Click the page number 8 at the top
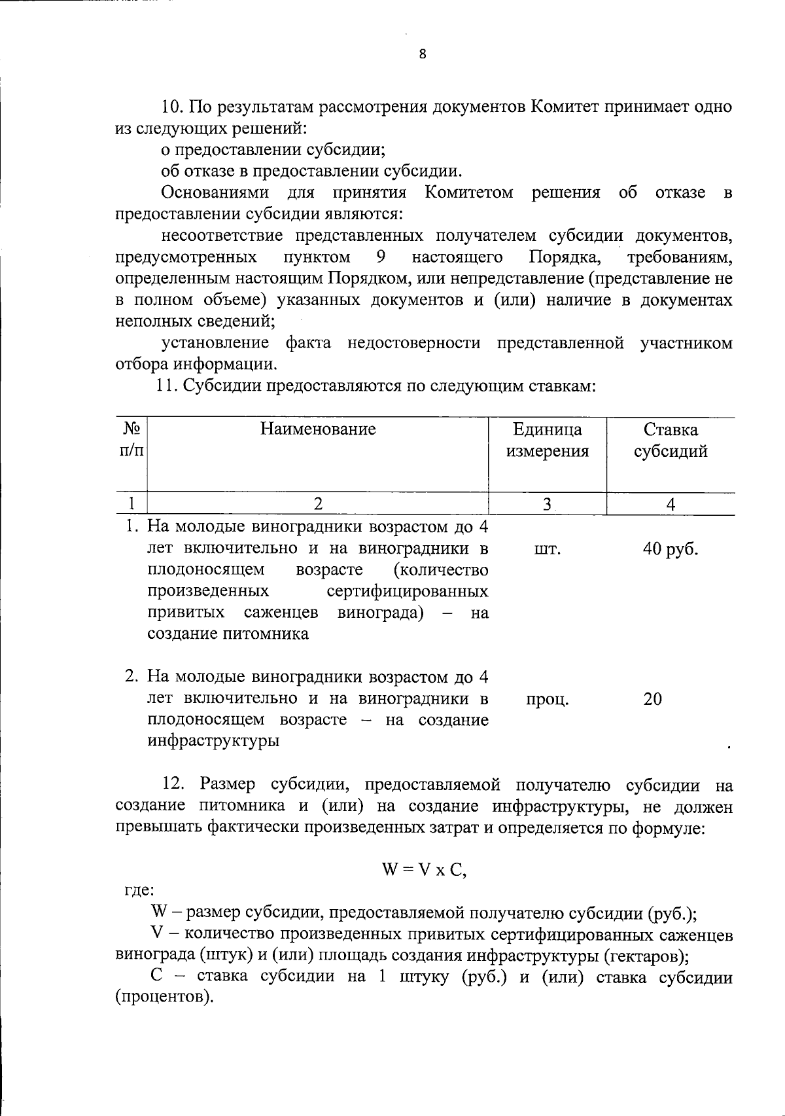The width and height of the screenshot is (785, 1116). (x=422, y=54)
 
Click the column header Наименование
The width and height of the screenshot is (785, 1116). (x=318, y=429)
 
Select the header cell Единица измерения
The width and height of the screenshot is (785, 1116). (x=548, y=441)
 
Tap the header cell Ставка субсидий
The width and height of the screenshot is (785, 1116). (x=671, y=441)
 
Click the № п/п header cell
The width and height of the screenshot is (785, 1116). (x=132, y=441)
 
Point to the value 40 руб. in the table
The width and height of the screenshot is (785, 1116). (x=671, y=549)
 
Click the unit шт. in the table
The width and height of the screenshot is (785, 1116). (x=547, y=549)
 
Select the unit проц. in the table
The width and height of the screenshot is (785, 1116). (x=547, y=700)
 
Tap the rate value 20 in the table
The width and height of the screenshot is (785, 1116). (x=653, y=700)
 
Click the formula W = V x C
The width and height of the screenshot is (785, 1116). (x=424, y=871)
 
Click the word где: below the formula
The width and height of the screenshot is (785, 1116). (x=139, y=891)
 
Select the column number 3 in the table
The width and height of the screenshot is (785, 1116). (x=547, y=504)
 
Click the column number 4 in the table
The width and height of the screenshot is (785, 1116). (x=671, y=504)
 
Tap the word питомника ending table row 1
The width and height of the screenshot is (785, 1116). (x=268, y=634)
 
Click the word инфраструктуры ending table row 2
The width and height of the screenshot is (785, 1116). (x=213, y=742)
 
